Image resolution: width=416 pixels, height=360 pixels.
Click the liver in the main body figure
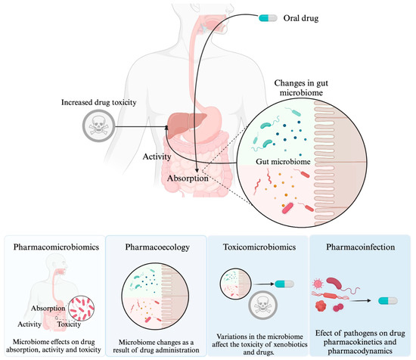(185, 126)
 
